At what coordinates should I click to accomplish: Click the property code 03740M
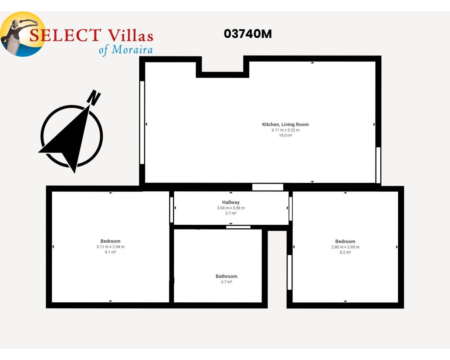coord(248,34)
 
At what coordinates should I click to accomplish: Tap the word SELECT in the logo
coord(65,35)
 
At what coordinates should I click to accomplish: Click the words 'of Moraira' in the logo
coord(126,50)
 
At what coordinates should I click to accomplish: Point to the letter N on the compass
coord(94,97)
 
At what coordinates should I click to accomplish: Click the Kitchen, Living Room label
coord(285,124)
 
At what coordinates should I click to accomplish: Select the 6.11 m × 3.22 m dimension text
coord(285,130)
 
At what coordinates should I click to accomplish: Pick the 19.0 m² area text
coord(285,135)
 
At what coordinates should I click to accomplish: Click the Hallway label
coord(231,202)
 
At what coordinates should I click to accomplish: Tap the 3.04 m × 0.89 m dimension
coord(231,208)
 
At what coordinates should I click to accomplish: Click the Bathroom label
coord(226,276)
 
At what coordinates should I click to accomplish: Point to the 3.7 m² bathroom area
coord(226,282)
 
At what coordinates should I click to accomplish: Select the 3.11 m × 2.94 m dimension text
coord(110,247)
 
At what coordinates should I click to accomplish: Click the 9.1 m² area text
coord(110,252)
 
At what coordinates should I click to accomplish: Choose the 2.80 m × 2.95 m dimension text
coord(345,247)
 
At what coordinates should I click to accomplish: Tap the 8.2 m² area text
coord(345,252)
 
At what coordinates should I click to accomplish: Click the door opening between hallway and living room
coord(268,187)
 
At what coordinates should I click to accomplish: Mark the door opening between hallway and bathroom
coord(238,227)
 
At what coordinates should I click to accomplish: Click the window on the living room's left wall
coord(142,123)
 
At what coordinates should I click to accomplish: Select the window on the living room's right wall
coord(378,165)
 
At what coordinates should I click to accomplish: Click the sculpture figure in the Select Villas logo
coord(15,37)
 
